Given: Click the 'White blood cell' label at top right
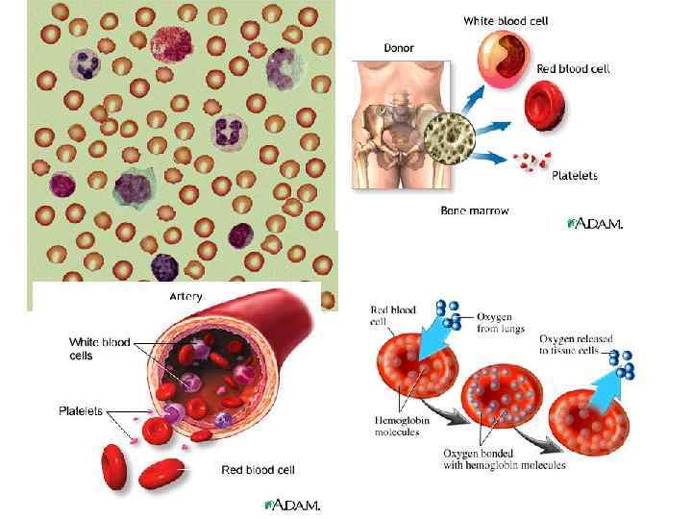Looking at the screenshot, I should point(506,20).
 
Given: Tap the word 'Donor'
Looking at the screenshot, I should point(399,47).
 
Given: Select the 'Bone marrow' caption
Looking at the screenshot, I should point(474,210).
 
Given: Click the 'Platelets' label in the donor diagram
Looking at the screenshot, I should point(575,176).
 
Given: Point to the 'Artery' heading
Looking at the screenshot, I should point(185,297).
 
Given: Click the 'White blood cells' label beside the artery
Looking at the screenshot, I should point(100,348).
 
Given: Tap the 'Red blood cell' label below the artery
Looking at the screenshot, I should point(258,470).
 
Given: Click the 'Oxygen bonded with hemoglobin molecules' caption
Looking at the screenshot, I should point(504,459).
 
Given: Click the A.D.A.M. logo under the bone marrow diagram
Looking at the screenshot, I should point(596,224).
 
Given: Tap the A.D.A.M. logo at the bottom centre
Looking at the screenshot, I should point(292,505).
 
